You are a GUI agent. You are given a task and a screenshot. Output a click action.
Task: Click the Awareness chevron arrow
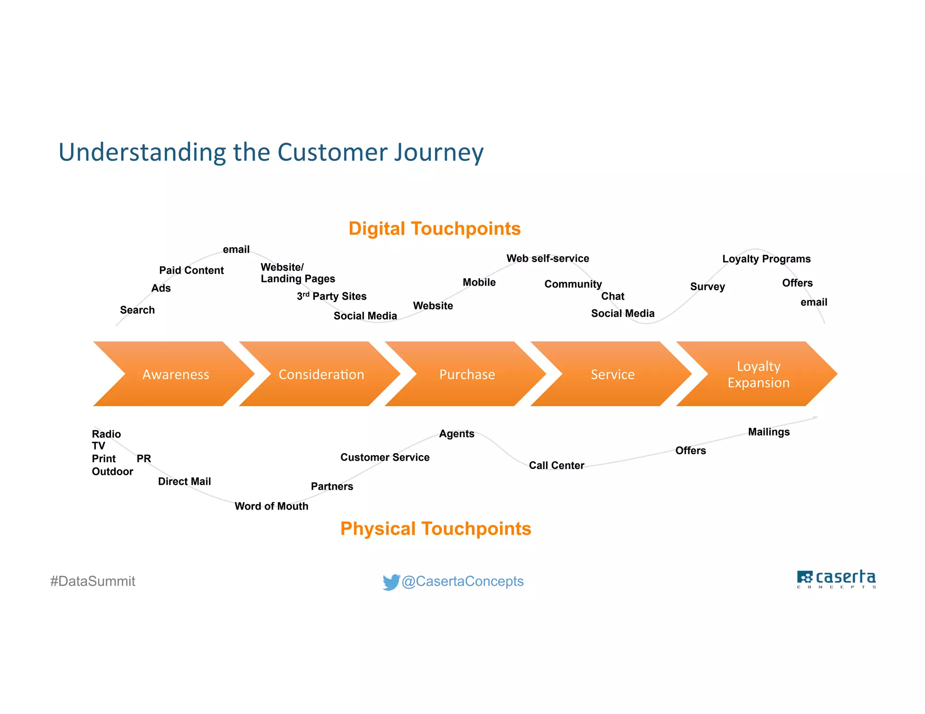(x=175, y=374)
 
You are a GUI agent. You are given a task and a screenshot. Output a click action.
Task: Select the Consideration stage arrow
(x=321, y=374)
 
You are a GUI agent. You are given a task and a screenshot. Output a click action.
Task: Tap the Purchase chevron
(x=467, y=374)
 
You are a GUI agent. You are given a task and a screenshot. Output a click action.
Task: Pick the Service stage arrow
(x=612, y=374)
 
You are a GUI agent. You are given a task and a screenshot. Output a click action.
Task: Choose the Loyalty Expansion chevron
(x=758, y=374)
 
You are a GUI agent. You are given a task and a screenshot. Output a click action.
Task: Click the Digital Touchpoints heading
(x=434, y=229)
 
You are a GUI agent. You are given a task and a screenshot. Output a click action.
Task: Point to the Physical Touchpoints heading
(x=435, y=529)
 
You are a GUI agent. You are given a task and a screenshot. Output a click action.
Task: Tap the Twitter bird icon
(x=391, y=581)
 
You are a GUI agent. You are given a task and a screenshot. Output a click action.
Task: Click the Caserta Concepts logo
(x=836, y=579)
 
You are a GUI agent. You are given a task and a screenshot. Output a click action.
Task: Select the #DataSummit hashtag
(x=93, y=581)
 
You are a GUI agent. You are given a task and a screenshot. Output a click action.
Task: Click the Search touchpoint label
(x=137, y=310)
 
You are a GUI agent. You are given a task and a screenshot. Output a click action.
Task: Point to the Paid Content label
(x=192, y=270)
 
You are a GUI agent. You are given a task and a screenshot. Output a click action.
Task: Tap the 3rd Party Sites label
(x=332, y=296)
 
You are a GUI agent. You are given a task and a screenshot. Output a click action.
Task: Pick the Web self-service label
(x=547, y=259)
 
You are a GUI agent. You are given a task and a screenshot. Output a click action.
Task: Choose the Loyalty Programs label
(x=766, y=259)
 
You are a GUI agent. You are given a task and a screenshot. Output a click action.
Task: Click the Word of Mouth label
(x=271, y=506)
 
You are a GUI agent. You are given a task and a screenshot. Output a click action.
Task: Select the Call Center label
(x=556, y=465)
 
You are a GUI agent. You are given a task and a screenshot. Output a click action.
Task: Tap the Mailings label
(x=769, y=432)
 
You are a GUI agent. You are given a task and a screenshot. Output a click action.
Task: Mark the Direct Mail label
(x=184, y=482)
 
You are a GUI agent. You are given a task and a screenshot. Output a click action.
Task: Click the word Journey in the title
(x=439, y=152)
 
